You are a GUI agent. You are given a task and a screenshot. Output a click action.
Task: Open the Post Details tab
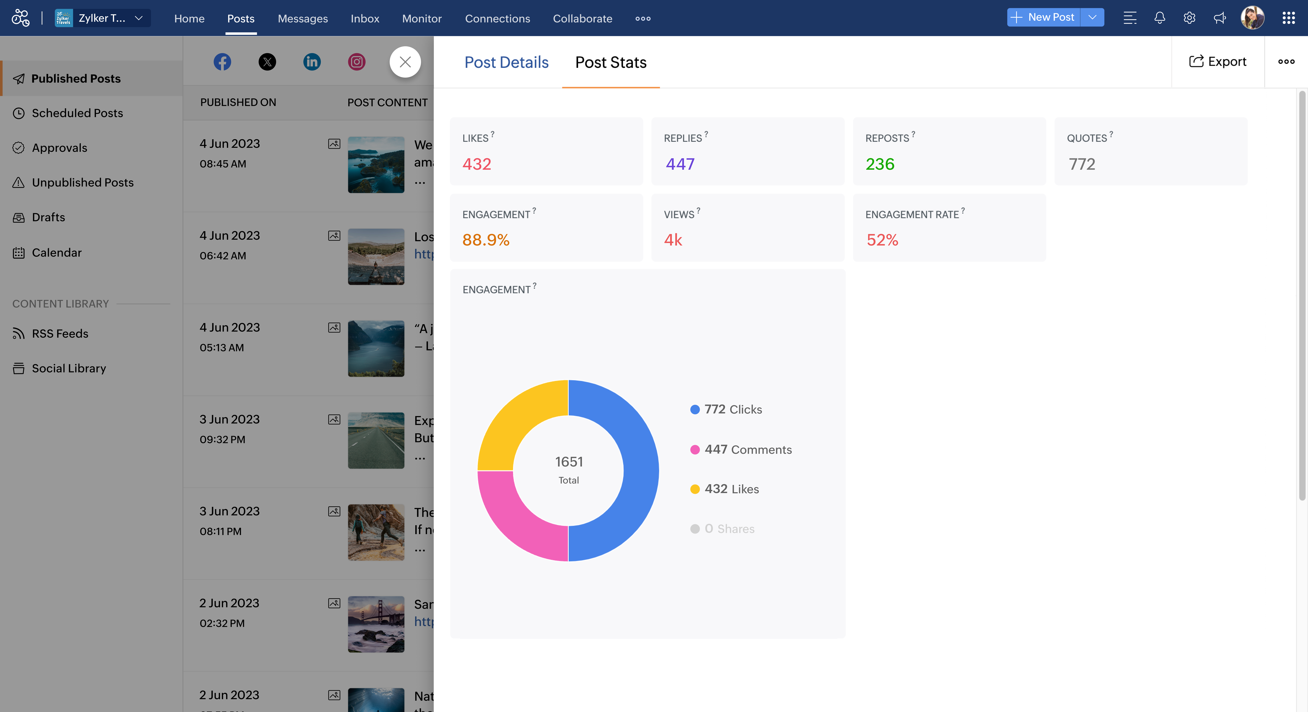[506, 62]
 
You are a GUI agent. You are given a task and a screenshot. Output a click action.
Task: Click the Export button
[1218, 61]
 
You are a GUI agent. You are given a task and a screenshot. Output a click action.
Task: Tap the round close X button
[405, 62]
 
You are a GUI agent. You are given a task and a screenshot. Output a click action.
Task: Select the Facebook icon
[222, 62]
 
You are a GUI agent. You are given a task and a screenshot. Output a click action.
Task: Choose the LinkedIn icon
[312, 62]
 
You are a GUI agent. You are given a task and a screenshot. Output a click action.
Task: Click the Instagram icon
[357, 62]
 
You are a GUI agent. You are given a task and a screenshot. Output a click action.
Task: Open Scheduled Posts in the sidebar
[77, 113]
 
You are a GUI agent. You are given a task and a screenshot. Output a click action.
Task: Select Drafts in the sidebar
[48, 217]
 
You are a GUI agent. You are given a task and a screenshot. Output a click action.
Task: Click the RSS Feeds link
[60, 333]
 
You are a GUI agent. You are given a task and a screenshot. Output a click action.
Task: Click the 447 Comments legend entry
[747, 450]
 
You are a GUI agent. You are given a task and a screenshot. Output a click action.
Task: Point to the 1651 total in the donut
[569, 462]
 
